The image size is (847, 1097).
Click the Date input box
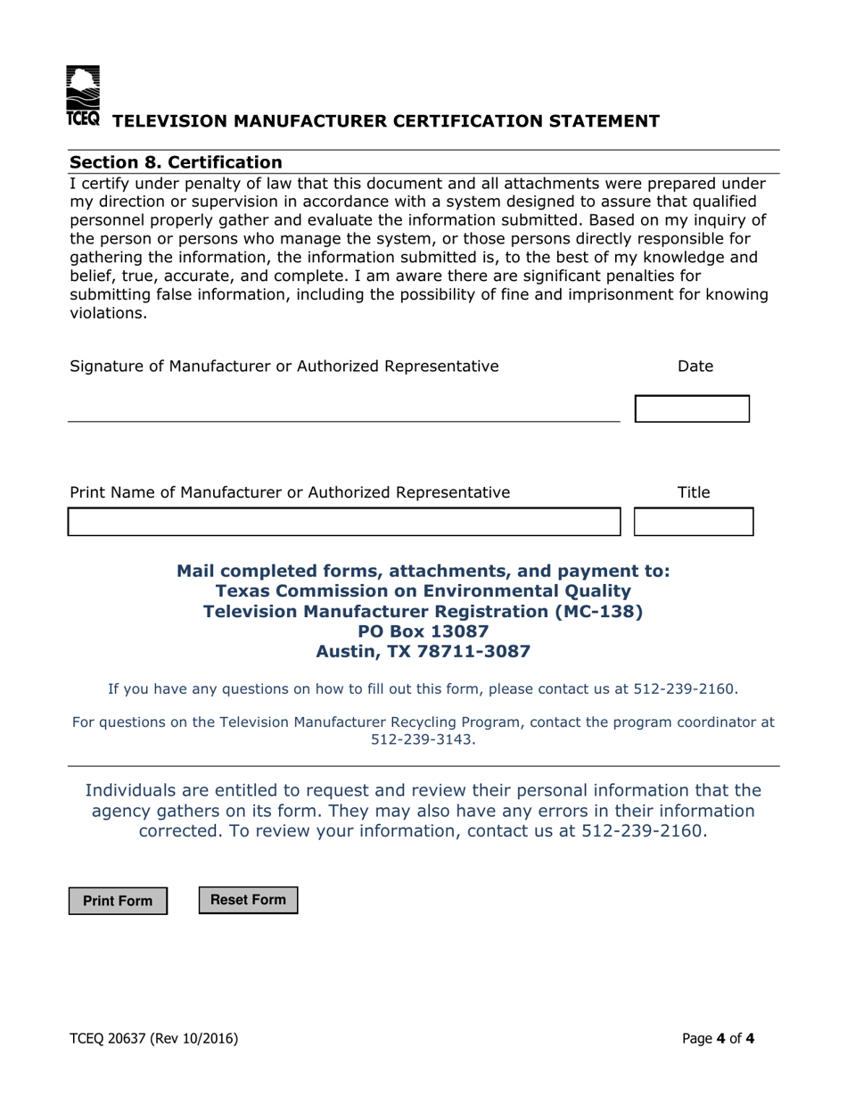coord(691,409)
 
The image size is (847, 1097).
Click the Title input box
coord(693,522)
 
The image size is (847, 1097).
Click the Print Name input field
coord(343,522)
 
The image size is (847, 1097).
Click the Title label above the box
coord(694,491)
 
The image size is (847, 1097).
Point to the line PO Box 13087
coord(423,631)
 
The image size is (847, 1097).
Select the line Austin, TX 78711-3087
coord(423,652)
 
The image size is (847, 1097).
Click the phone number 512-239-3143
coord(423,739)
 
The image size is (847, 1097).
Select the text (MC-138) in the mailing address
coord(598,612)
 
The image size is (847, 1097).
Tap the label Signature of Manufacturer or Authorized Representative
coord(284,366)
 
